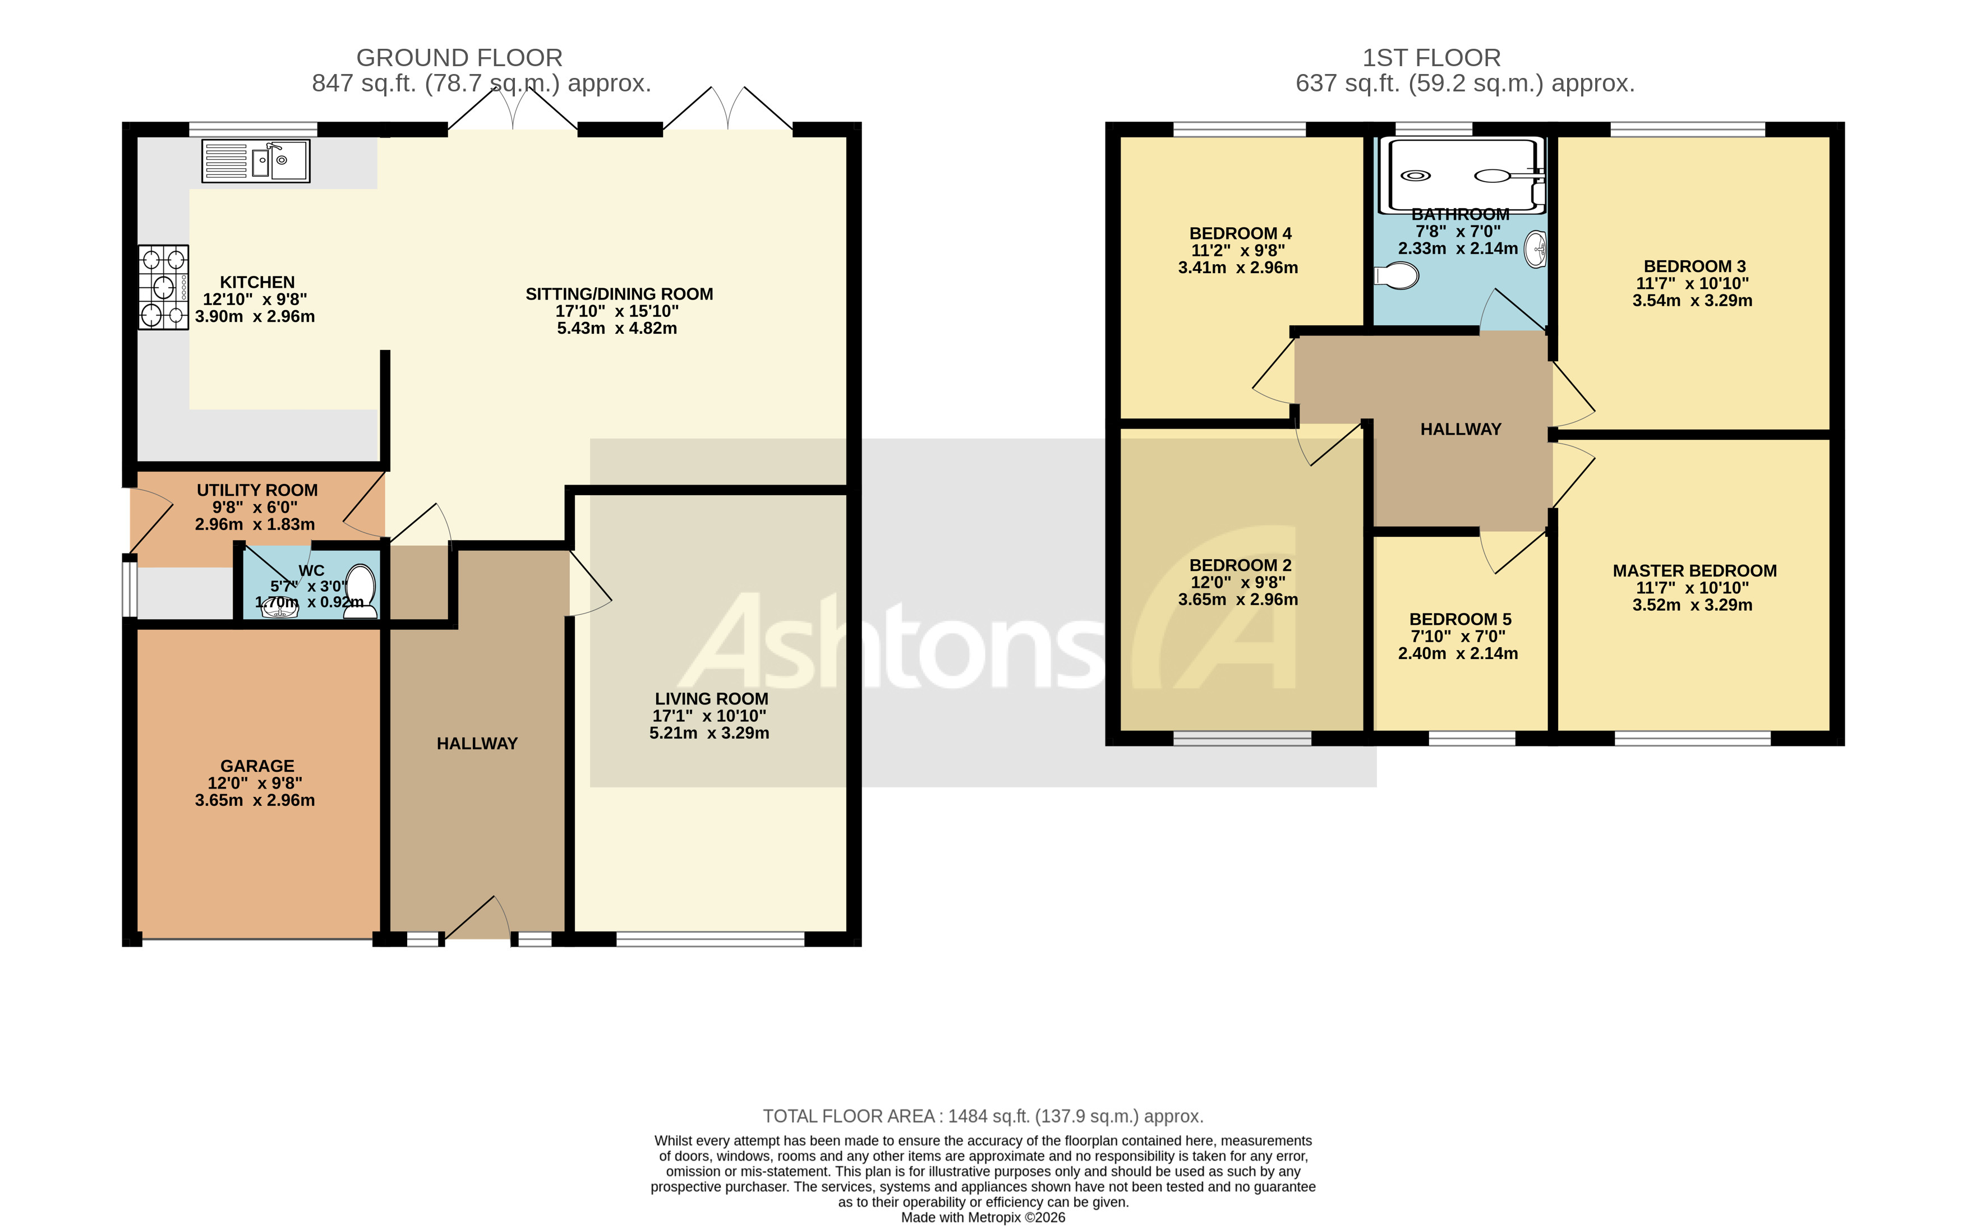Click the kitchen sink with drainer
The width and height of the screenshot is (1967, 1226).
coord(255,160)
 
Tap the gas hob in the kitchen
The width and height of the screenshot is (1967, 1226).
coord(164,287)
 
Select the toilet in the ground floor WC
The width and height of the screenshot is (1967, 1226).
coord(360,592)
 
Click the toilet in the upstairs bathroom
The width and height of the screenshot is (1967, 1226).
coord(1396,276)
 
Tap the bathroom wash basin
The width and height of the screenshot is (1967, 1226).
coord(1536,249)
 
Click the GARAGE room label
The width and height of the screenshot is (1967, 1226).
coord(257,766)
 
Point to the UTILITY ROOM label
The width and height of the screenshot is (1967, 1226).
coord(257,490)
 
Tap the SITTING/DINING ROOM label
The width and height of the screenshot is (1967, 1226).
coord(619,293)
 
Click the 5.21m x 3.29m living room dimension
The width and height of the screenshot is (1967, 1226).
coord(708,733)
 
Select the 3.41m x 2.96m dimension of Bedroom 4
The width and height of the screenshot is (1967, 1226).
coord(1237,268)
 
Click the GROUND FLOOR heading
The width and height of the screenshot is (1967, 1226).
coord(459,58)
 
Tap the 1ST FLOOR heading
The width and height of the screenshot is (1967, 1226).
coord(1431,58)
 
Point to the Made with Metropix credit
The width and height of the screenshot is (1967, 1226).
coord(983,1217)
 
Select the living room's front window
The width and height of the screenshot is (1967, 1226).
coord(710,939)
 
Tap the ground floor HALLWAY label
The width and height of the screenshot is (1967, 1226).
coord(477,744)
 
